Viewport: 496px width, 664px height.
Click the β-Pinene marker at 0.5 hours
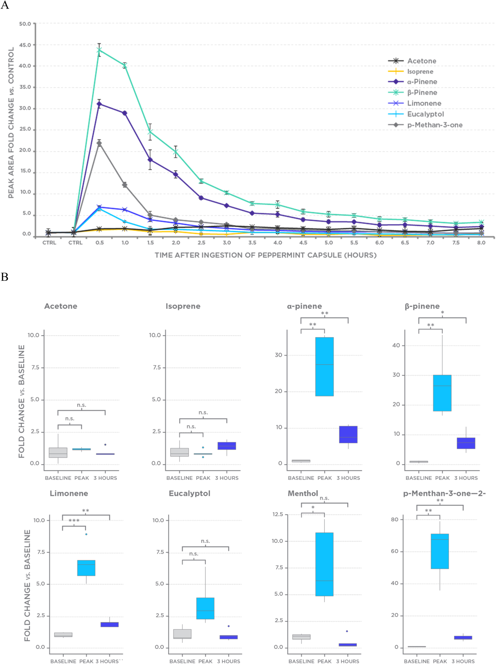(x=99, y=50)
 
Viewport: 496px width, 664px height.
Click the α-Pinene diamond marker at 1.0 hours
(x=125, y=113)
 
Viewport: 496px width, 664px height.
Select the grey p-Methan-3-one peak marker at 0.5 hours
(x=99, y=144)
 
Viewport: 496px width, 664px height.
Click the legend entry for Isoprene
(x=420, y=72)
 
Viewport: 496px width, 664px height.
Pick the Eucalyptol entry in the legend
(x=425, y=114)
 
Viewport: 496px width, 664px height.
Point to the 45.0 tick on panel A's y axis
(x=25, y=45)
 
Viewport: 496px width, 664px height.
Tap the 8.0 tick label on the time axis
(x=481, y=242)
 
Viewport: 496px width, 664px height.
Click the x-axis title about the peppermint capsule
(x=265, y=255)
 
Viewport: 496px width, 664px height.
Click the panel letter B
(x=5, y=277)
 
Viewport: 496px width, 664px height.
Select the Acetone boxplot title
(x=61, y=306)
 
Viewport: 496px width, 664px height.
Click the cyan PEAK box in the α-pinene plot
(x=324, y=366)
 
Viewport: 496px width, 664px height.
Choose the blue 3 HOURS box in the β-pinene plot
(x=466, y=443)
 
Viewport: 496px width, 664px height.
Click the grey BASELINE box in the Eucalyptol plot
(x=182, y=634)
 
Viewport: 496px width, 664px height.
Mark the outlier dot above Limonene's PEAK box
(x=86, y=534)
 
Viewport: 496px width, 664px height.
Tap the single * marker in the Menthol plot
(x=313, y=508)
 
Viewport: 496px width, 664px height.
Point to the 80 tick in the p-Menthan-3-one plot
(x=394, y=520)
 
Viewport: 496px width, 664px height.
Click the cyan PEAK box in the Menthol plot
(x=324, y=564)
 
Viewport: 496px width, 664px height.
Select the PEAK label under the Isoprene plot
(x=203, y=478)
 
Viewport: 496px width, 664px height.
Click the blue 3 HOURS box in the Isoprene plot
(x=227, y=446)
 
